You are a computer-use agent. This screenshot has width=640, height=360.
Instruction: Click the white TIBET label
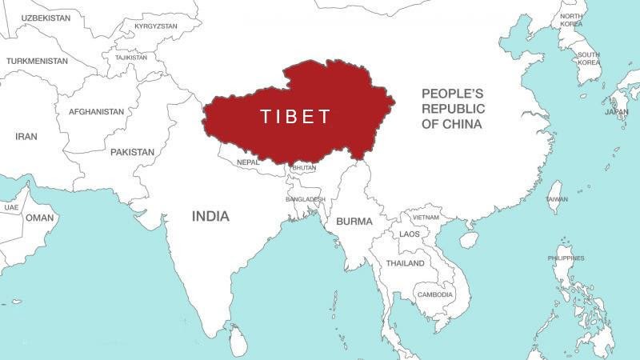pos(295,117)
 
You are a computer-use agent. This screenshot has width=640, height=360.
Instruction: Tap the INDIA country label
pos(210,216)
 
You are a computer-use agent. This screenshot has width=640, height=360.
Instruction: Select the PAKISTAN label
pos(132,151)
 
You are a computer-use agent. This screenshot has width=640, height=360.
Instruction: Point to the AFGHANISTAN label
pos(96,112)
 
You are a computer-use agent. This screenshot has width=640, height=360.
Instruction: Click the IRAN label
pos(26,137)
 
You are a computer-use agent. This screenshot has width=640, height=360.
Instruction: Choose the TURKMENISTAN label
pos(38,61)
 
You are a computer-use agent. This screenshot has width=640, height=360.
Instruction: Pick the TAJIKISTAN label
pos(130,58)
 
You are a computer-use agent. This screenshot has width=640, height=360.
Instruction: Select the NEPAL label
pos(249,162)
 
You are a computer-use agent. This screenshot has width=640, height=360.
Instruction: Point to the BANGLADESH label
pos(305,198)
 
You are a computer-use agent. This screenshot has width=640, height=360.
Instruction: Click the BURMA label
pos(354,221)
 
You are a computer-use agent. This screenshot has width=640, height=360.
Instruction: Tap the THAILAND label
pos(405,263)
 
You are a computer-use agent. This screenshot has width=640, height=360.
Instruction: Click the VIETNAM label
pos(426,217)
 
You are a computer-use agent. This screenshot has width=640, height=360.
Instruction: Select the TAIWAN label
pos(557,199)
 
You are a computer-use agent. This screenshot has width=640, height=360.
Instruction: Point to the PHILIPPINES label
pos(566,258)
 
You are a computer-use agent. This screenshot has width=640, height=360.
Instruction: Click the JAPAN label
pos(616,112)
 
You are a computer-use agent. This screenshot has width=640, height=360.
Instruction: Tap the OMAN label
pos(39,217)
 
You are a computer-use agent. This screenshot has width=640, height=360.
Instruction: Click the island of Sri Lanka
pos(237,340)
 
